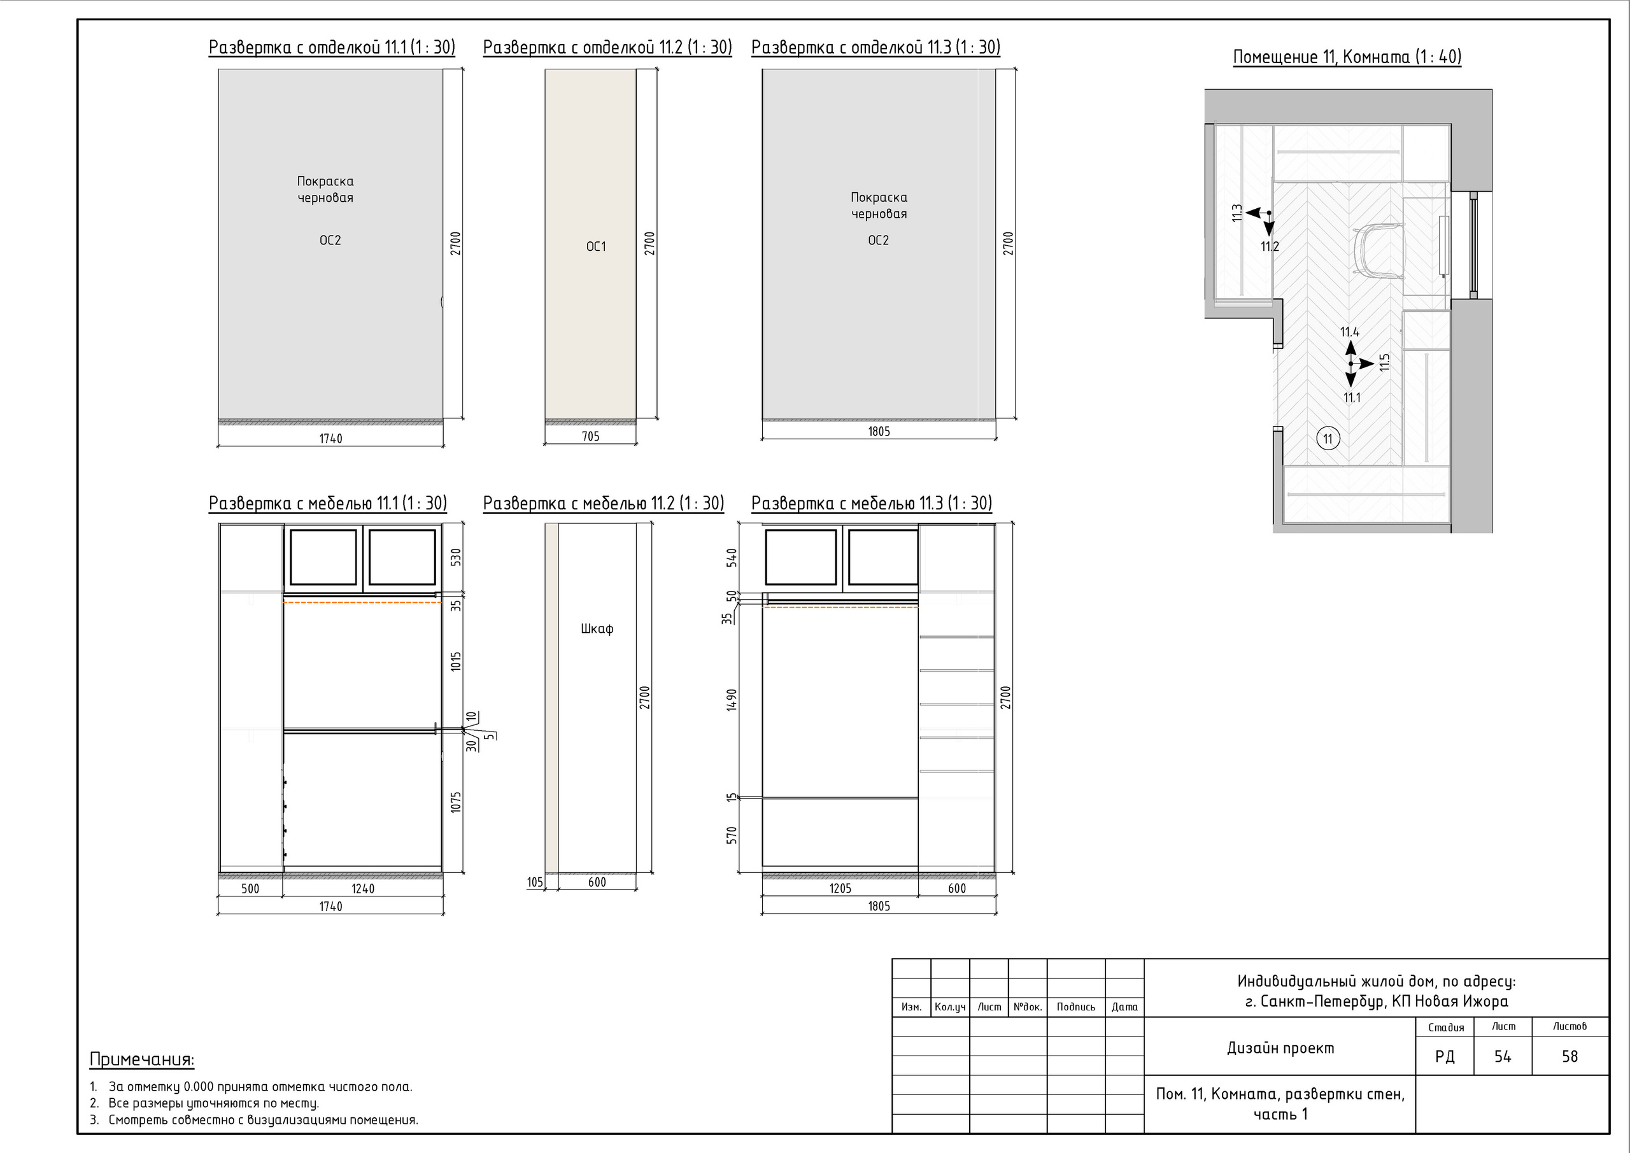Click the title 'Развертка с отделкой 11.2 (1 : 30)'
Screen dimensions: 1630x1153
(607, 48)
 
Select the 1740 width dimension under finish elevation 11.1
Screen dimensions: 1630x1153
(331, 439)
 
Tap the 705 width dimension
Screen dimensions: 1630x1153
(591, 437)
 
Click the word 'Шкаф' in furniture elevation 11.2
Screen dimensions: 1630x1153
(597, 628)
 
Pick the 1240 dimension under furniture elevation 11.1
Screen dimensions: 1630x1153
(363, 889)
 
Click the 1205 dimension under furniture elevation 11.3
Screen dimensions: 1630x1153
(840, 889)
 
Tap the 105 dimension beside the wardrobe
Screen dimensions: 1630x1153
(535, 882)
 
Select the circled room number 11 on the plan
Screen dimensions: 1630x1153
(1328, 439)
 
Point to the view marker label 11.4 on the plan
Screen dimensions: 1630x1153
(1350, 332)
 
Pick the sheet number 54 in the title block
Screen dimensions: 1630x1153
(1502, 1057)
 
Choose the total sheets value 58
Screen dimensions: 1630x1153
(1570, 1057)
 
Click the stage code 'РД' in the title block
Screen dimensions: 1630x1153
(1444, 1057)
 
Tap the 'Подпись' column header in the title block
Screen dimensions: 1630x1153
(1075, 1007)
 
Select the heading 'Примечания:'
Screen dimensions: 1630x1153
(142, 1060)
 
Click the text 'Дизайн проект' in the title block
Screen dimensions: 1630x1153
(1280, 1048)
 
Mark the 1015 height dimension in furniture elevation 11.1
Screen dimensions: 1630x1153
(456, 661)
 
